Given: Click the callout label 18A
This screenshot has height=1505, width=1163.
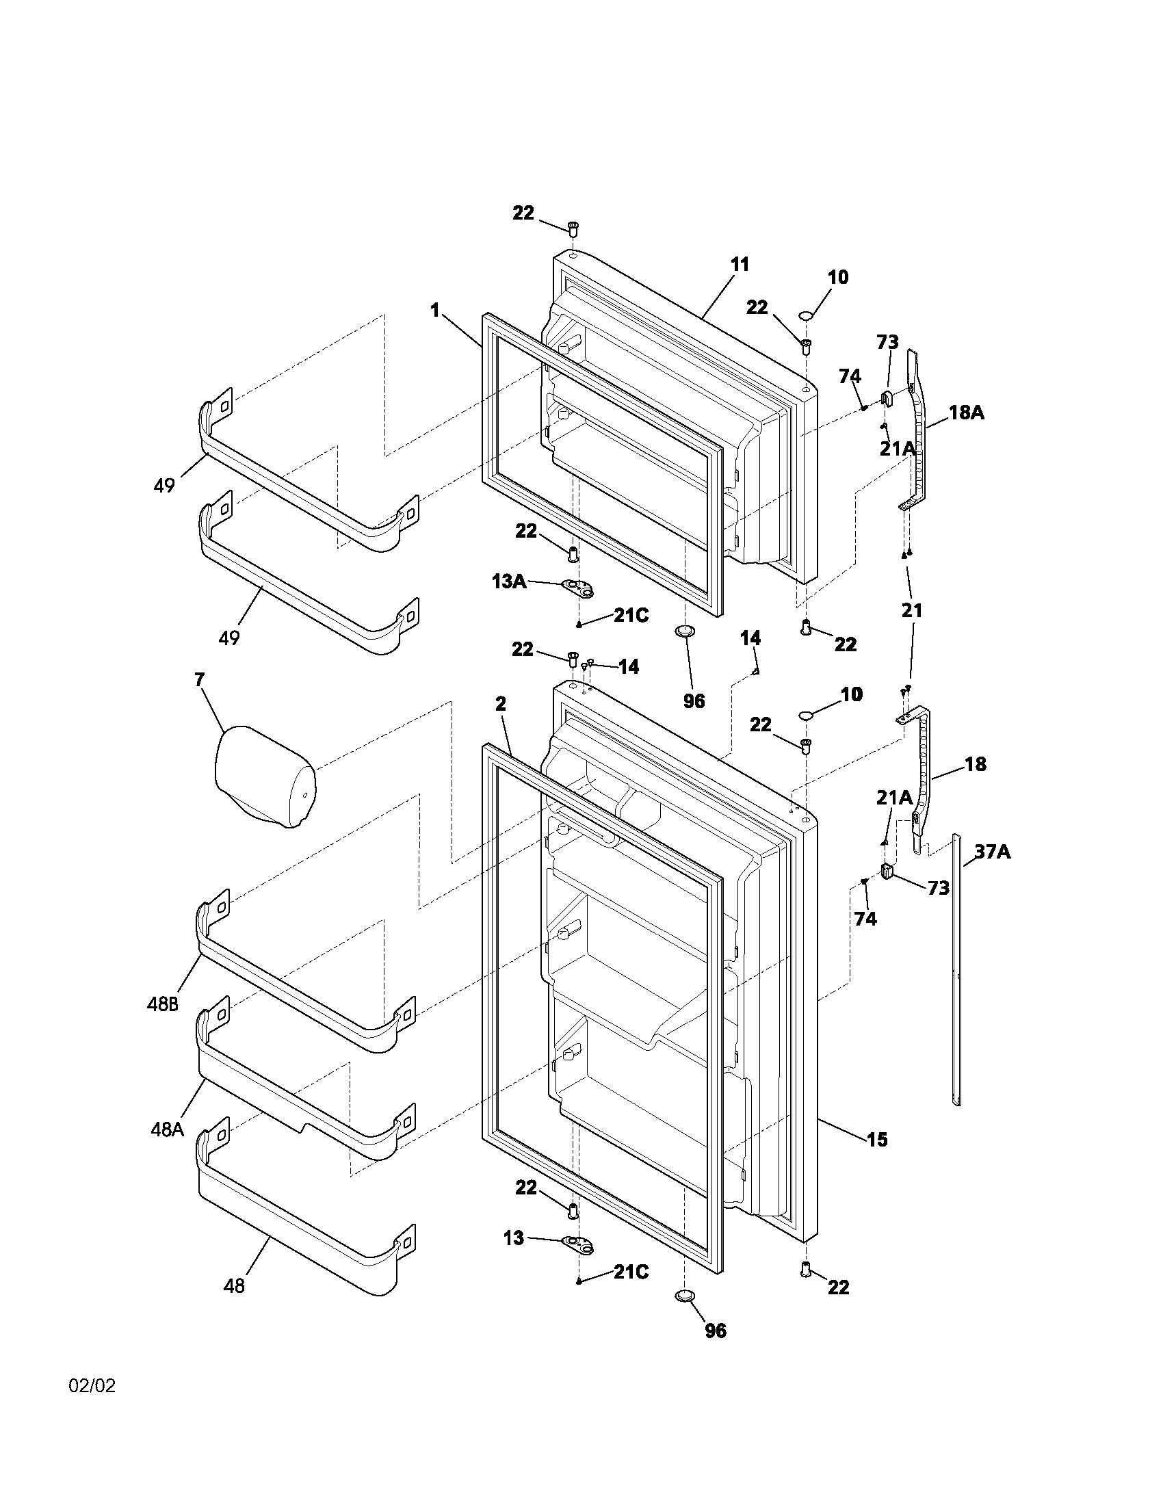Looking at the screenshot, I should [x=966, y=413].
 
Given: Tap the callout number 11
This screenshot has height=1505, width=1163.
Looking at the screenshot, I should [x=740, y=265].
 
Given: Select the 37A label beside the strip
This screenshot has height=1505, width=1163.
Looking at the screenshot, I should [x=992, y=852].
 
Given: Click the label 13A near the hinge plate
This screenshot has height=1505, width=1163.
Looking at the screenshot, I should [x=508, y=581].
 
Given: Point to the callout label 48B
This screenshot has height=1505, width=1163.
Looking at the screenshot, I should [x=163, y=1004].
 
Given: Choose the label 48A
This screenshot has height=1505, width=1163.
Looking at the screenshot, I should [x=168, y=1129].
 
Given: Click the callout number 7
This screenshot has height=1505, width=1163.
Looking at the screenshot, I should [x=199, y=680].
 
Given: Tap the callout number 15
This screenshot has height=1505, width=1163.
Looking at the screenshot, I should [x=877, y=1139].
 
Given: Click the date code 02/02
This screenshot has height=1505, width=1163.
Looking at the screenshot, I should [x=92, y=1386].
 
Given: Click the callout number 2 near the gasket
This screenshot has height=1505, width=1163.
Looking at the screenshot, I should [x=501, y=703].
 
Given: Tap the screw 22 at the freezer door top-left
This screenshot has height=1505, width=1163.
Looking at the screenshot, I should [x=573, y=227].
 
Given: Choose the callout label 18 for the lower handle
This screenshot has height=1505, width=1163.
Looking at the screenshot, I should [x=976, y=764].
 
